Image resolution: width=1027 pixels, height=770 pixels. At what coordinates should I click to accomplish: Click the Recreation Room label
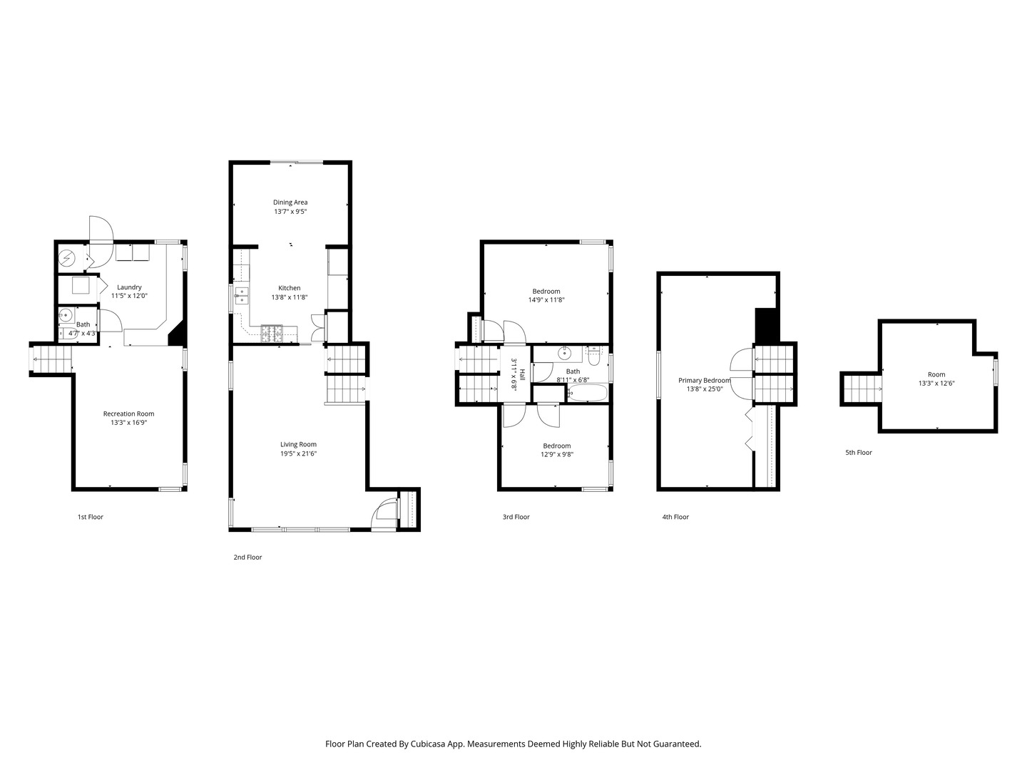click(128, 414)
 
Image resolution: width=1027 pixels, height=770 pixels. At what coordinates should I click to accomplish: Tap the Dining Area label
click(290, 202)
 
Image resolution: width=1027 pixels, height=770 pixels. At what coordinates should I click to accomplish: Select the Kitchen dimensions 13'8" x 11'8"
click(289, 297)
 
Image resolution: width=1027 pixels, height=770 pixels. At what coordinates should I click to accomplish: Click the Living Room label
click(299, 445)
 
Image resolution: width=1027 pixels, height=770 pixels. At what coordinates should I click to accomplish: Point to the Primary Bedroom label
click(704, 381)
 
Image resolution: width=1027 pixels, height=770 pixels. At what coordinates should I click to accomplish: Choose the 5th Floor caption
click(859, 453)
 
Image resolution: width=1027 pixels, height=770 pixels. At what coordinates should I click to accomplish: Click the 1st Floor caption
click(91, 517)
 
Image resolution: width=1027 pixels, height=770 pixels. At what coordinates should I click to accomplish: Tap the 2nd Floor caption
click(247, 558)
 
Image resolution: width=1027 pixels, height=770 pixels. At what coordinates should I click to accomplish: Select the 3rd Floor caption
click(516, 517)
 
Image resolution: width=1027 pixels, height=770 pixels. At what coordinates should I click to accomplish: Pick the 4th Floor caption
click(675, 517)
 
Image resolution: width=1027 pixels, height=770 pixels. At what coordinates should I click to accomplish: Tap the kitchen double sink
click(242, 296)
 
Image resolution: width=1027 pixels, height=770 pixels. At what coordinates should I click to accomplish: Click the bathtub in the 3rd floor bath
click(587, 393)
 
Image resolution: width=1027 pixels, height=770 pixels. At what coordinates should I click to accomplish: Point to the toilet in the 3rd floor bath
click(593, 355)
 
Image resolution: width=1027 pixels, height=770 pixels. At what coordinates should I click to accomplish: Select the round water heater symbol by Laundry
click(67, 257)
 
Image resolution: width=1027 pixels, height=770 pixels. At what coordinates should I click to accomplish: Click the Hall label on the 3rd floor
click(522, 374)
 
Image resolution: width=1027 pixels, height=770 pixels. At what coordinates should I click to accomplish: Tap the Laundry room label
click(129, 287)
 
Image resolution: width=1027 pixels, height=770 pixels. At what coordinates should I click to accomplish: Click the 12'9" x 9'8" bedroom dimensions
click(557, 454)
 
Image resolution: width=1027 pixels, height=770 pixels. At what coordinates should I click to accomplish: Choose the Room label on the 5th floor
click(936, 374)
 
